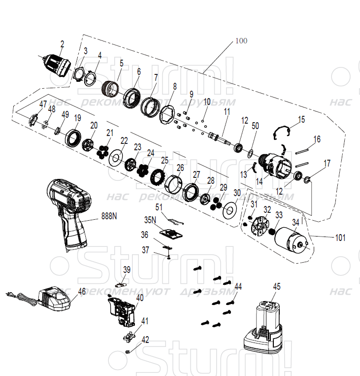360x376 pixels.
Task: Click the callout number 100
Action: click(x=241, y=40)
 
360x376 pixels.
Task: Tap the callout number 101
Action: click(x=340, y=238)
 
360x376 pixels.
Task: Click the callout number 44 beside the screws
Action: click(x=238, y=286)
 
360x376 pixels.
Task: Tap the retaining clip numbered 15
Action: click(x=281, y=132)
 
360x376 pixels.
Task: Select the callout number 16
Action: click(x=317, y=139)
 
